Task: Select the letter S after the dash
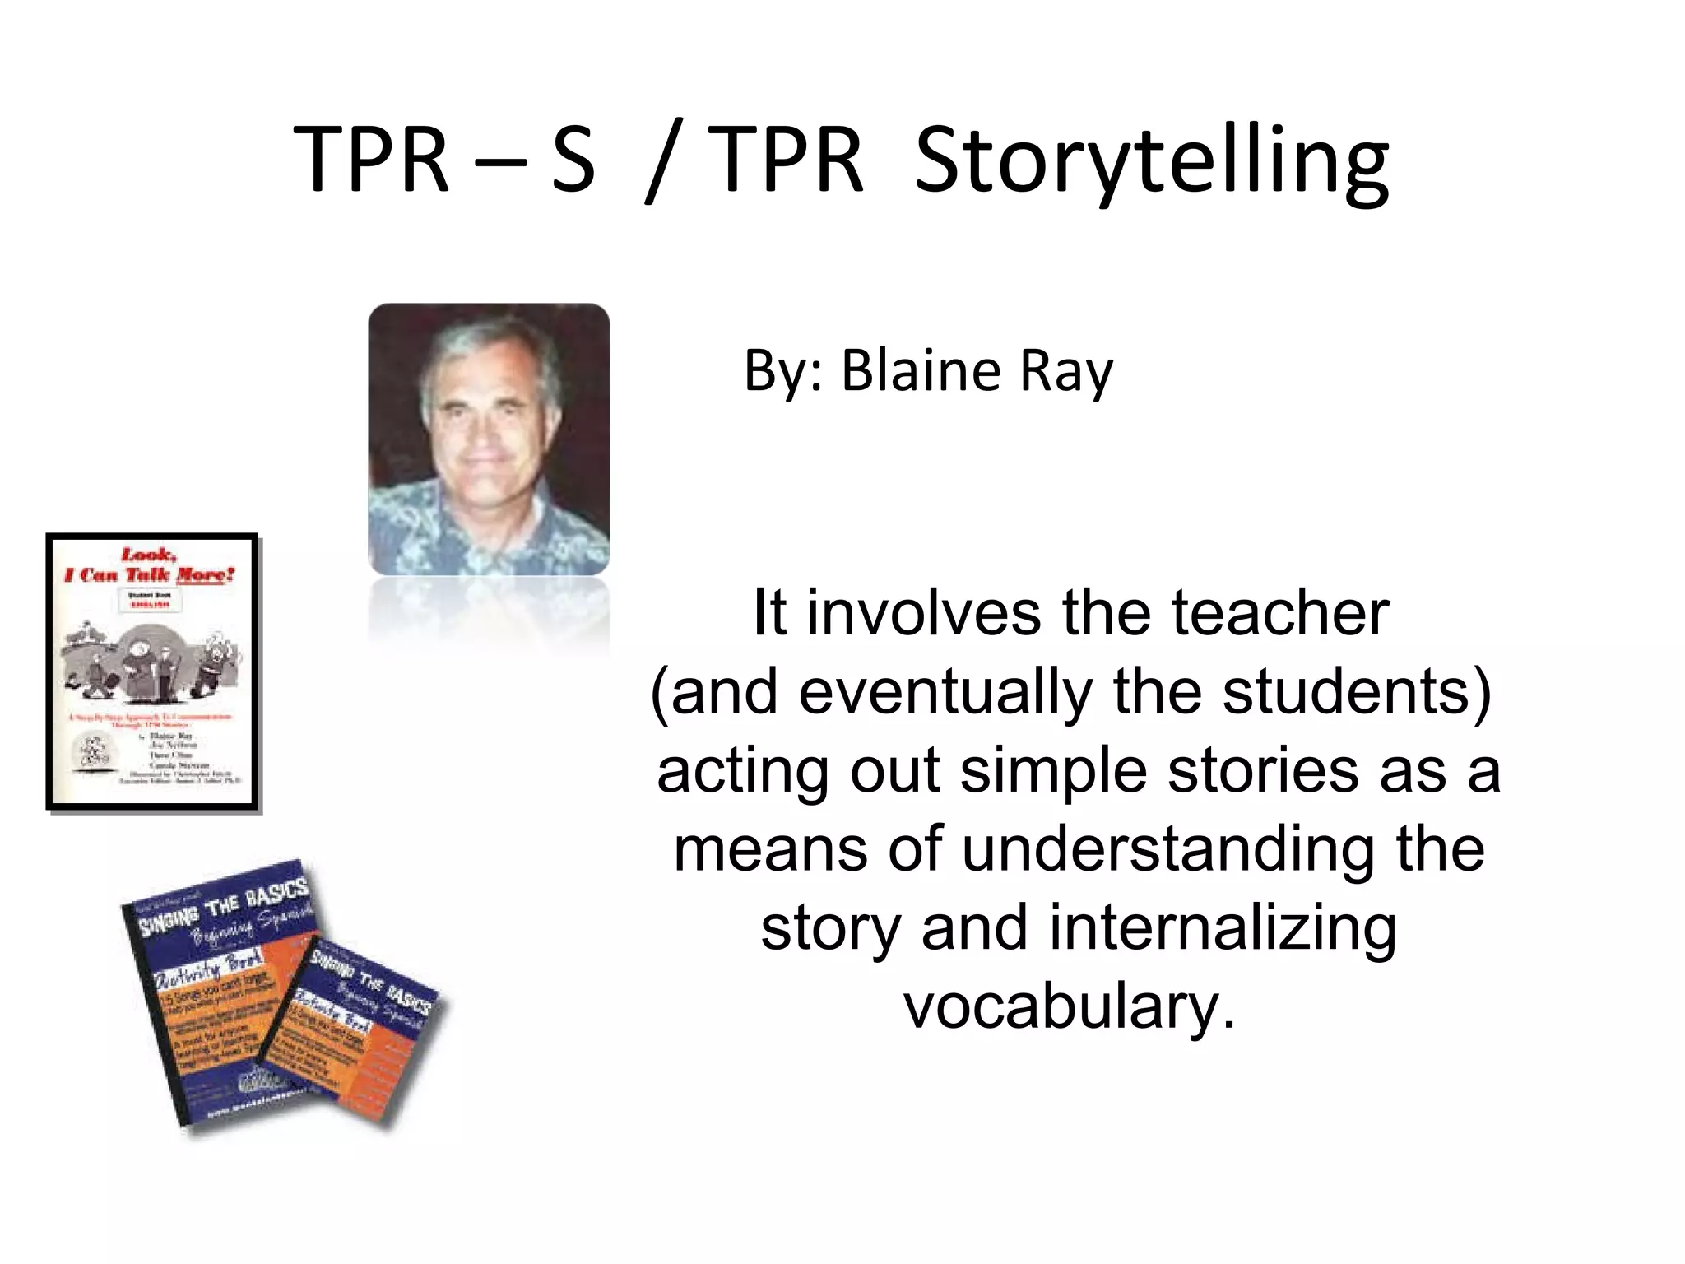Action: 573,160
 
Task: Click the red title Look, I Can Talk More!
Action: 151,565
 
